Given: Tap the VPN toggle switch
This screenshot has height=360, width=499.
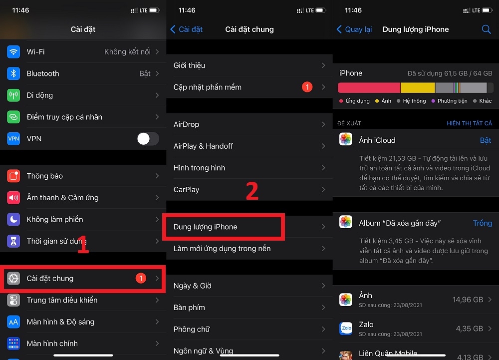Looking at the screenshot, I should pos(148,139).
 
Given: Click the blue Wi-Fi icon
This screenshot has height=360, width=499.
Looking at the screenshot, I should pos(13,52).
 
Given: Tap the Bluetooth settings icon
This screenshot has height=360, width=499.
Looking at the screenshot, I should pos(13,73).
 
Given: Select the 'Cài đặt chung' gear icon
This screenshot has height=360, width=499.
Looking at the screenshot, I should pos(13,279).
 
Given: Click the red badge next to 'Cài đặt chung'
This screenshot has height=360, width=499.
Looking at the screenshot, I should pos(141,278).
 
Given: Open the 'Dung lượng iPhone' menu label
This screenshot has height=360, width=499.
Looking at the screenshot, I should pos(206,227).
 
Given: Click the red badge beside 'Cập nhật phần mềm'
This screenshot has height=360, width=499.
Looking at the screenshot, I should pos(307,87).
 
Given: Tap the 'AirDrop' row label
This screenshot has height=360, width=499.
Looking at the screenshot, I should pos(186,124).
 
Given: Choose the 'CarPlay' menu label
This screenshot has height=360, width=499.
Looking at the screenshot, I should pos(186,190).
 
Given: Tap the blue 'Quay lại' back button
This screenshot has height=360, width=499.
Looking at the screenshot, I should pos(354,29).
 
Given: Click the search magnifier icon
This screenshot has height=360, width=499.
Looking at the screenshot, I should pos(486,29).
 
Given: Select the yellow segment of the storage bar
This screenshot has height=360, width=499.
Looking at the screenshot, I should pos(418,88).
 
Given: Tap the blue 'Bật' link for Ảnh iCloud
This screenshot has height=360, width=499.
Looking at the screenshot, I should pos(486,141).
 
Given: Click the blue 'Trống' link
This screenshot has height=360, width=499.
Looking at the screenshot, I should pos(482,223).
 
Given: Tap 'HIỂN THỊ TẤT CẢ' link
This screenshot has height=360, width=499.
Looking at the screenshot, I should pos(469,123).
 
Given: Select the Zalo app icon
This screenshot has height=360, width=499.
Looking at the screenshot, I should pos(346,328).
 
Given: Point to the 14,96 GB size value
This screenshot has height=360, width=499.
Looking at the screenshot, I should pos(468,300).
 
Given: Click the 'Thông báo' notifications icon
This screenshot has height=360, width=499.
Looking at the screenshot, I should pos(13,176).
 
